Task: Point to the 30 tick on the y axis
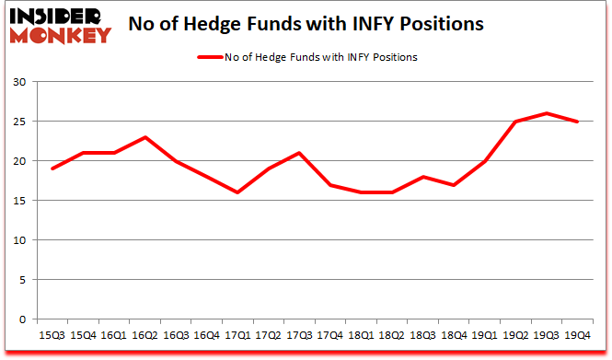pyautogui.click(x=30, y=82)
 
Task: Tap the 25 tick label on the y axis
pyautogui.click(x=30, y=122)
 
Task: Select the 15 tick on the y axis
pyautogui.click(x=30, y=201)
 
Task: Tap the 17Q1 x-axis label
pyautogui.click(x=237, y=335)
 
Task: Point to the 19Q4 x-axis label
pyautogui.click(x=576, y=335)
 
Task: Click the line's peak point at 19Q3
pyautogui.click(x=547, y=113)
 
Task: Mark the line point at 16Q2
pyautogui.click(x=145, y=137)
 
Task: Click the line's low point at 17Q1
pyautogui.click(x=237, y=192)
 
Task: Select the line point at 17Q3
pyautogui.click(x=297, y=153)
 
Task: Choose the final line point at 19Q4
pyautogui.click(x=577, y=122)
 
